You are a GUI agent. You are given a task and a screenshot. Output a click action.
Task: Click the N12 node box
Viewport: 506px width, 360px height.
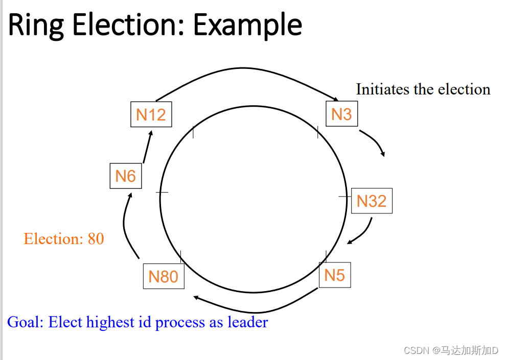[151, 114]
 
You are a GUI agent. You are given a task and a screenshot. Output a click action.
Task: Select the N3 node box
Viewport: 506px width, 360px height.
[341, 114]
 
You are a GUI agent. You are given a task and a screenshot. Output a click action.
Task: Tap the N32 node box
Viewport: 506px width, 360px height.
[371, 201]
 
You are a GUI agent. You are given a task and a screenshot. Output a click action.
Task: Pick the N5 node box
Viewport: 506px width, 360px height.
[335, 275]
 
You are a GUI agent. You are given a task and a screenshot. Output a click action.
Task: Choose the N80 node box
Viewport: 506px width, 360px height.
[163, 276]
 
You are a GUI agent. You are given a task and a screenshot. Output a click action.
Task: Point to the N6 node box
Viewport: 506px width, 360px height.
[126, 176]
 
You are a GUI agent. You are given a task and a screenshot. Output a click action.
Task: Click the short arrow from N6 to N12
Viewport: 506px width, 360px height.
[147, 147]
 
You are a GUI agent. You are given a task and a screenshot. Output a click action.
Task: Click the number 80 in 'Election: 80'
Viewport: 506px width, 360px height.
[96, 238]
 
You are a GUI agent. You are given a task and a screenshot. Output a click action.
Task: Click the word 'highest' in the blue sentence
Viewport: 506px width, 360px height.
[110, 323]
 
